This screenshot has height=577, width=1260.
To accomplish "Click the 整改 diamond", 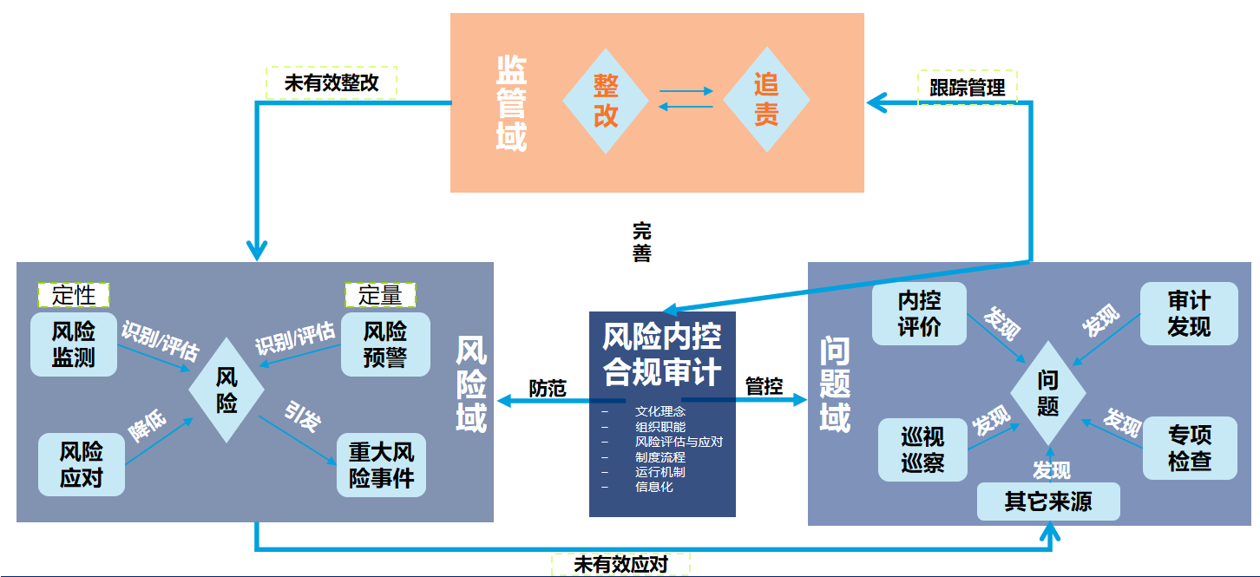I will pyautogui.click(x=606, y=101).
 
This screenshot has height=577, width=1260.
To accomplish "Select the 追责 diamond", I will pyautogui.click(x=766, y=101).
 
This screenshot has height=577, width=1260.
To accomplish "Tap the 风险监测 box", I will pyautogui.click(x=74, y=344).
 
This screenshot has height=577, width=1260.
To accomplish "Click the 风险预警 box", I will pyautogui.click(x=385, y=344).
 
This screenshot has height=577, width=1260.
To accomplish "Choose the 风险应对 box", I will pyautogui.click(x=82, y=464).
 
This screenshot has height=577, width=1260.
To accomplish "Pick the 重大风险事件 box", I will pyautogui.click(x=381, y=465).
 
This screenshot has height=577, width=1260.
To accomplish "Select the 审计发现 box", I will pyautogui.click(x=1189, y=314).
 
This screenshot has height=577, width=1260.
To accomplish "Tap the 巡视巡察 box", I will pyautogui.click(x=922, y=449).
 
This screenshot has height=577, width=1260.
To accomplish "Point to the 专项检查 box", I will pyautogui.click(x=1189, y=448).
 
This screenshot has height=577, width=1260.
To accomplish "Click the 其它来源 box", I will pyautogui.click(x=1048, y=502).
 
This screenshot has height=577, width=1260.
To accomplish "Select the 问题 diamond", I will pyautogui.click(x=1048, y=393).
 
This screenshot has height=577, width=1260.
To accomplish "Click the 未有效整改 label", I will pyautogui.click(x=331, y=83).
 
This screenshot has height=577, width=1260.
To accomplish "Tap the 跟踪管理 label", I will pyautogui.click(x=968, y=88).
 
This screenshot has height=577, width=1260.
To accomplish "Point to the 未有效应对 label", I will pyautogui.click(x=620, y=564).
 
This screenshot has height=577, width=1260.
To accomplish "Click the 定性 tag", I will pyautogui.click(x=74, y=295).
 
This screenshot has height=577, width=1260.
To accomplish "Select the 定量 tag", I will pyautogui.click(x=380, y=295).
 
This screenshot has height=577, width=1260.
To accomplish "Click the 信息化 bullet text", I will pyautogui.click(x=653, y=487).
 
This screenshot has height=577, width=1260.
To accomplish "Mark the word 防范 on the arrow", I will pyautogui.click(x=548, y=388).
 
